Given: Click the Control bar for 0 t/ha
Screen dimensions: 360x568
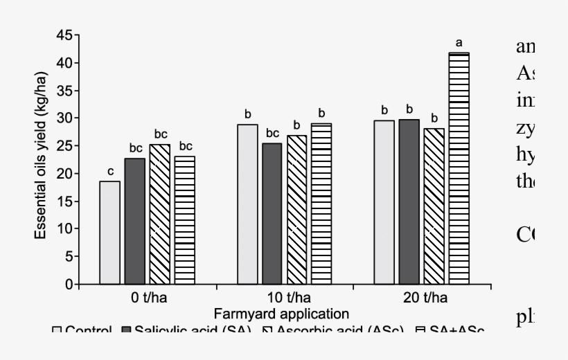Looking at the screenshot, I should point(110,233).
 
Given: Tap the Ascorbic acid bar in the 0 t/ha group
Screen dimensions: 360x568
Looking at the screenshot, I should point(159,215).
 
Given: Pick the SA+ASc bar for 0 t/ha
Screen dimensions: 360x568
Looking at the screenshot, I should point(184,220).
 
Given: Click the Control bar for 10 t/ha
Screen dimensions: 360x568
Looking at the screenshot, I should point(247,204).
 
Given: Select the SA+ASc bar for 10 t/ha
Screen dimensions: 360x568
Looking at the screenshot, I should point(321,204).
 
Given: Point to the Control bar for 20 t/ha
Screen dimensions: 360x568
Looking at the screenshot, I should point(384,202).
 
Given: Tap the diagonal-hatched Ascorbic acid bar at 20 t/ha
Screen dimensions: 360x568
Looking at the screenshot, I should point(434,206).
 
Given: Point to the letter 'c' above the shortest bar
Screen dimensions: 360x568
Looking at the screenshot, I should point(109,172).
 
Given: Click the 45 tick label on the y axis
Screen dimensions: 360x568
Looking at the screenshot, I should point(64,35).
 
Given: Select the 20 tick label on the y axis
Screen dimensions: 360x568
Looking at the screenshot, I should point(64,174).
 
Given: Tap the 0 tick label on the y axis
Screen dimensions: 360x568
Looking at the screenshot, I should point(68,285).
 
